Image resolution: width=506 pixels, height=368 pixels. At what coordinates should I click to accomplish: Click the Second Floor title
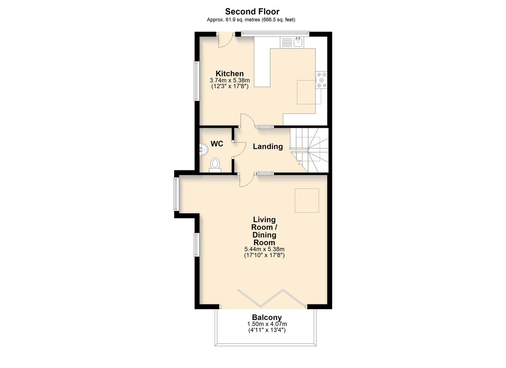click(x=252, y=11)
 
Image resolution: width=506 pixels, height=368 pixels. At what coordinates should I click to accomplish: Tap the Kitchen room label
click(x=229, y=73)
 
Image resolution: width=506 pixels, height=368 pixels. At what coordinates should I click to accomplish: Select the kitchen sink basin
click(x=299, y=42)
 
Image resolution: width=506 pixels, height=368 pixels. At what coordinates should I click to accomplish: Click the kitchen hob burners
click(x=321, y=80)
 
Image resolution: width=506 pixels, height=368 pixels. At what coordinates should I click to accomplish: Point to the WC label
click(x=217, y=144)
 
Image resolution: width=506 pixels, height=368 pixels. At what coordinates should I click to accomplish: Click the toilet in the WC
click(x=215, y=165)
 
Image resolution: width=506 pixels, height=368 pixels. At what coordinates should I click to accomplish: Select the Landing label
click(x=268, y=146)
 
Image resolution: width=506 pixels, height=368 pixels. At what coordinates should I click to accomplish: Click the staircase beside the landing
click(x=309, y=150)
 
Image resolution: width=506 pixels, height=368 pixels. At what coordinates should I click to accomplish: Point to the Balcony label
click(x=267, y=317)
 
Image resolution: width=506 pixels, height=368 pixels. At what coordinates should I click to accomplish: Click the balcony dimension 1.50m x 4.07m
click(x=267, y=324)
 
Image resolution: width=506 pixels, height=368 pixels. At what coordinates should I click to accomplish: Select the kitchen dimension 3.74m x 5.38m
click(x=230, y=80)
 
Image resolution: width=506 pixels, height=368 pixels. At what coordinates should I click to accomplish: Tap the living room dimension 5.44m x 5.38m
click(x=264, y=249)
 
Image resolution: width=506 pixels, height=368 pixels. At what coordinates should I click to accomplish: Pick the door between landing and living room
click(x=247, y=180)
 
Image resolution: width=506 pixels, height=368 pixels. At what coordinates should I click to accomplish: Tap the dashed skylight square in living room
click(x=307, y=201)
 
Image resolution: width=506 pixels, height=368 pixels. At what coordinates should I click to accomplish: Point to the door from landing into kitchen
click(x=248, y=121)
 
